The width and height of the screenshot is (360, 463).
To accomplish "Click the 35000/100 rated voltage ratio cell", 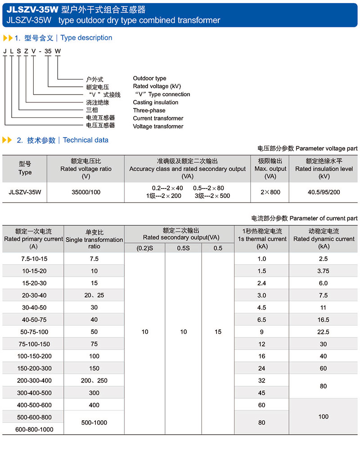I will click(86, 192).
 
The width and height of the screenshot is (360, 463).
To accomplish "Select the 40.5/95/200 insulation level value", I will click(324, 192).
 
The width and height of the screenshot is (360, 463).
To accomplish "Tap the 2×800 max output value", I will click(270, 192).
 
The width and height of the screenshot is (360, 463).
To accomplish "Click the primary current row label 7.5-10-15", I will click(34, 259).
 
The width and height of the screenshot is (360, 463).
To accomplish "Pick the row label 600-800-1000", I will click(34, 429).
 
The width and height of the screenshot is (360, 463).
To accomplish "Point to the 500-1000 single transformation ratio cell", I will click(94, 423).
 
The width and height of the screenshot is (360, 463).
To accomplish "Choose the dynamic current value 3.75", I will click(323, 271).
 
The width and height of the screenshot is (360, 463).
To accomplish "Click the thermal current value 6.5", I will click(262, 320).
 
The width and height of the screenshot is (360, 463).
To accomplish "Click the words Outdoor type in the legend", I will click(149, 78).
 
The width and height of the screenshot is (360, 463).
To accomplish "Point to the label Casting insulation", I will click(155, 103).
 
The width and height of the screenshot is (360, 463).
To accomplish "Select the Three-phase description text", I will click(149, 110).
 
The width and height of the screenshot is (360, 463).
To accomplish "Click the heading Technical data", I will click(85, 140).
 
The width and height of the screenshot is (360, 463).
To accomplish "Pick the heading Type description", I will click(86, 38).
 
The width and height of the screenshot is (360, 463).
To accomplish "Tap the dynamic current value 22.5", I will click(323, 332).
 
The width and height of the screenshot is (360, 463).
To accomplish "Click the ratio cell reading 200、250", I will click(94, 381).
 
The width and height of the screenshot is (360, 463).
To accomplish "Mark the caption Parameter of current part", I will click(324, 218).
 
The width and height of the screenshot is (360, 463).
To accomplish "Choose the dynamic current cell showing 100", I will click(323, 417).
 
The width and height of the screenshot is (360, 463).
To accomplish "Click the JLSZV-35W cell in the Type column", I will click(25, 192).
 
